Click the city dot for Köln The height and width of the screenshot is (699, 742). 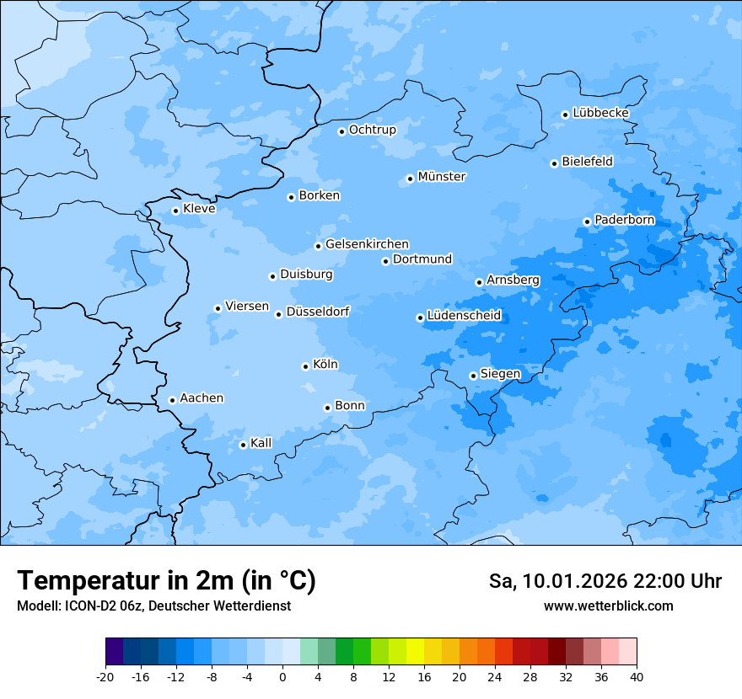(305, 366)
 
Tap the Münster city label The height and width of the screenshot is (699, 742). (441, 177)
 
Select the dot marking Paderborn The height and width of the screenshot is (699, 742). (587, 221)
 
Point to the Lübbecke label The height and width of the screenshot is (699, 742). (600, 113)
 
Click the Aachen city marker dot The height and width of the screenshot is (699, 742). (172, 400)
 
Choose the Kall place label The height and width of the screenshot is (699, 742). (261, 443)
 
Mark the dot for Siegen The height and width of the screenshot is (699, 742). (473, 376)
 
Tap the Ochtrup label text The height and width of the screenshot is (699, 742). (372, 130)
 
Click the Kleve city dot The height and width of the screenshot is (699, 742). (175, 211)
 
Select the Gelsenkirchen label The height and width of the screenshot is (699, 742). (367, 244)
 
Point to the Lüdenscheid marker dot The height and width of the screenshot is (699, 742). (420, 317)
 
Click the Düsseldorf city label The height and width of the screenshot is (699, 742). (317, 312)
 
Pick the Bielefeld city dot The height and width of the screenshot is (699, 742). (554, 163)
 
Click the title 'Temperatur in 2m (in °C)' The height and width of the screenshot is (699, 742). (166, 581)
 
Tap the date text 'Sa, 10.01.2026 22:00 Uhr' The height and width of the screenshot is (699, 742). (605, 581)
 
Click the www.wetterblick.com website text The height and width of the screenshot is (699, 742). (608, 606)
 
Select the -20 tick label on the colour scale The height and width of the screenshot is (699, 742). (105, 676)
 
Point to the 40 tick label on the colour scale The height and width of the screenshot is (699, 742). (637, 676)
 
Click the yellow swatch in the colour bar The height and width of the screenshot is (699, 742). (415, 652)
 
